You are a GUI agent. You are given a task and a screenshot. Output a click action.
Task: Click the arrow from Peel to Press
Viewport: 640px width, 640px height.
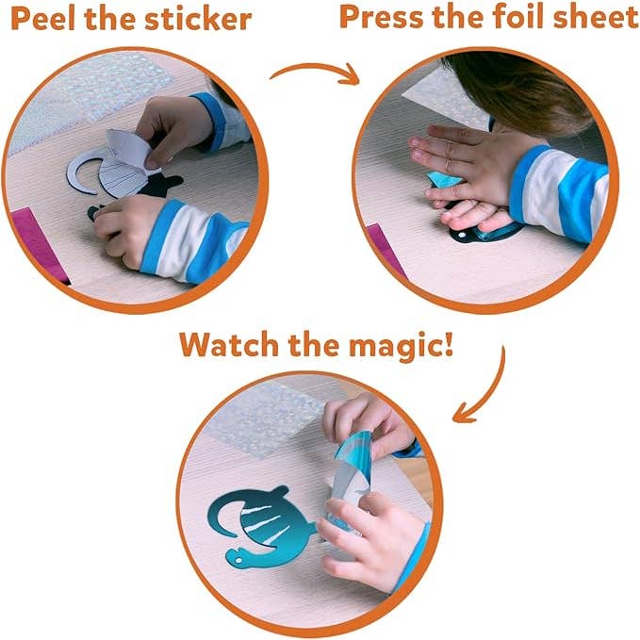click(315, 72)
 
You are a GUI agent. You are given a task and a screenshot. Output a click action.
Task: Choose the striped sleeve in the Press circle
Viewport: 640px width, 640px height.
click(566, 184)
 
